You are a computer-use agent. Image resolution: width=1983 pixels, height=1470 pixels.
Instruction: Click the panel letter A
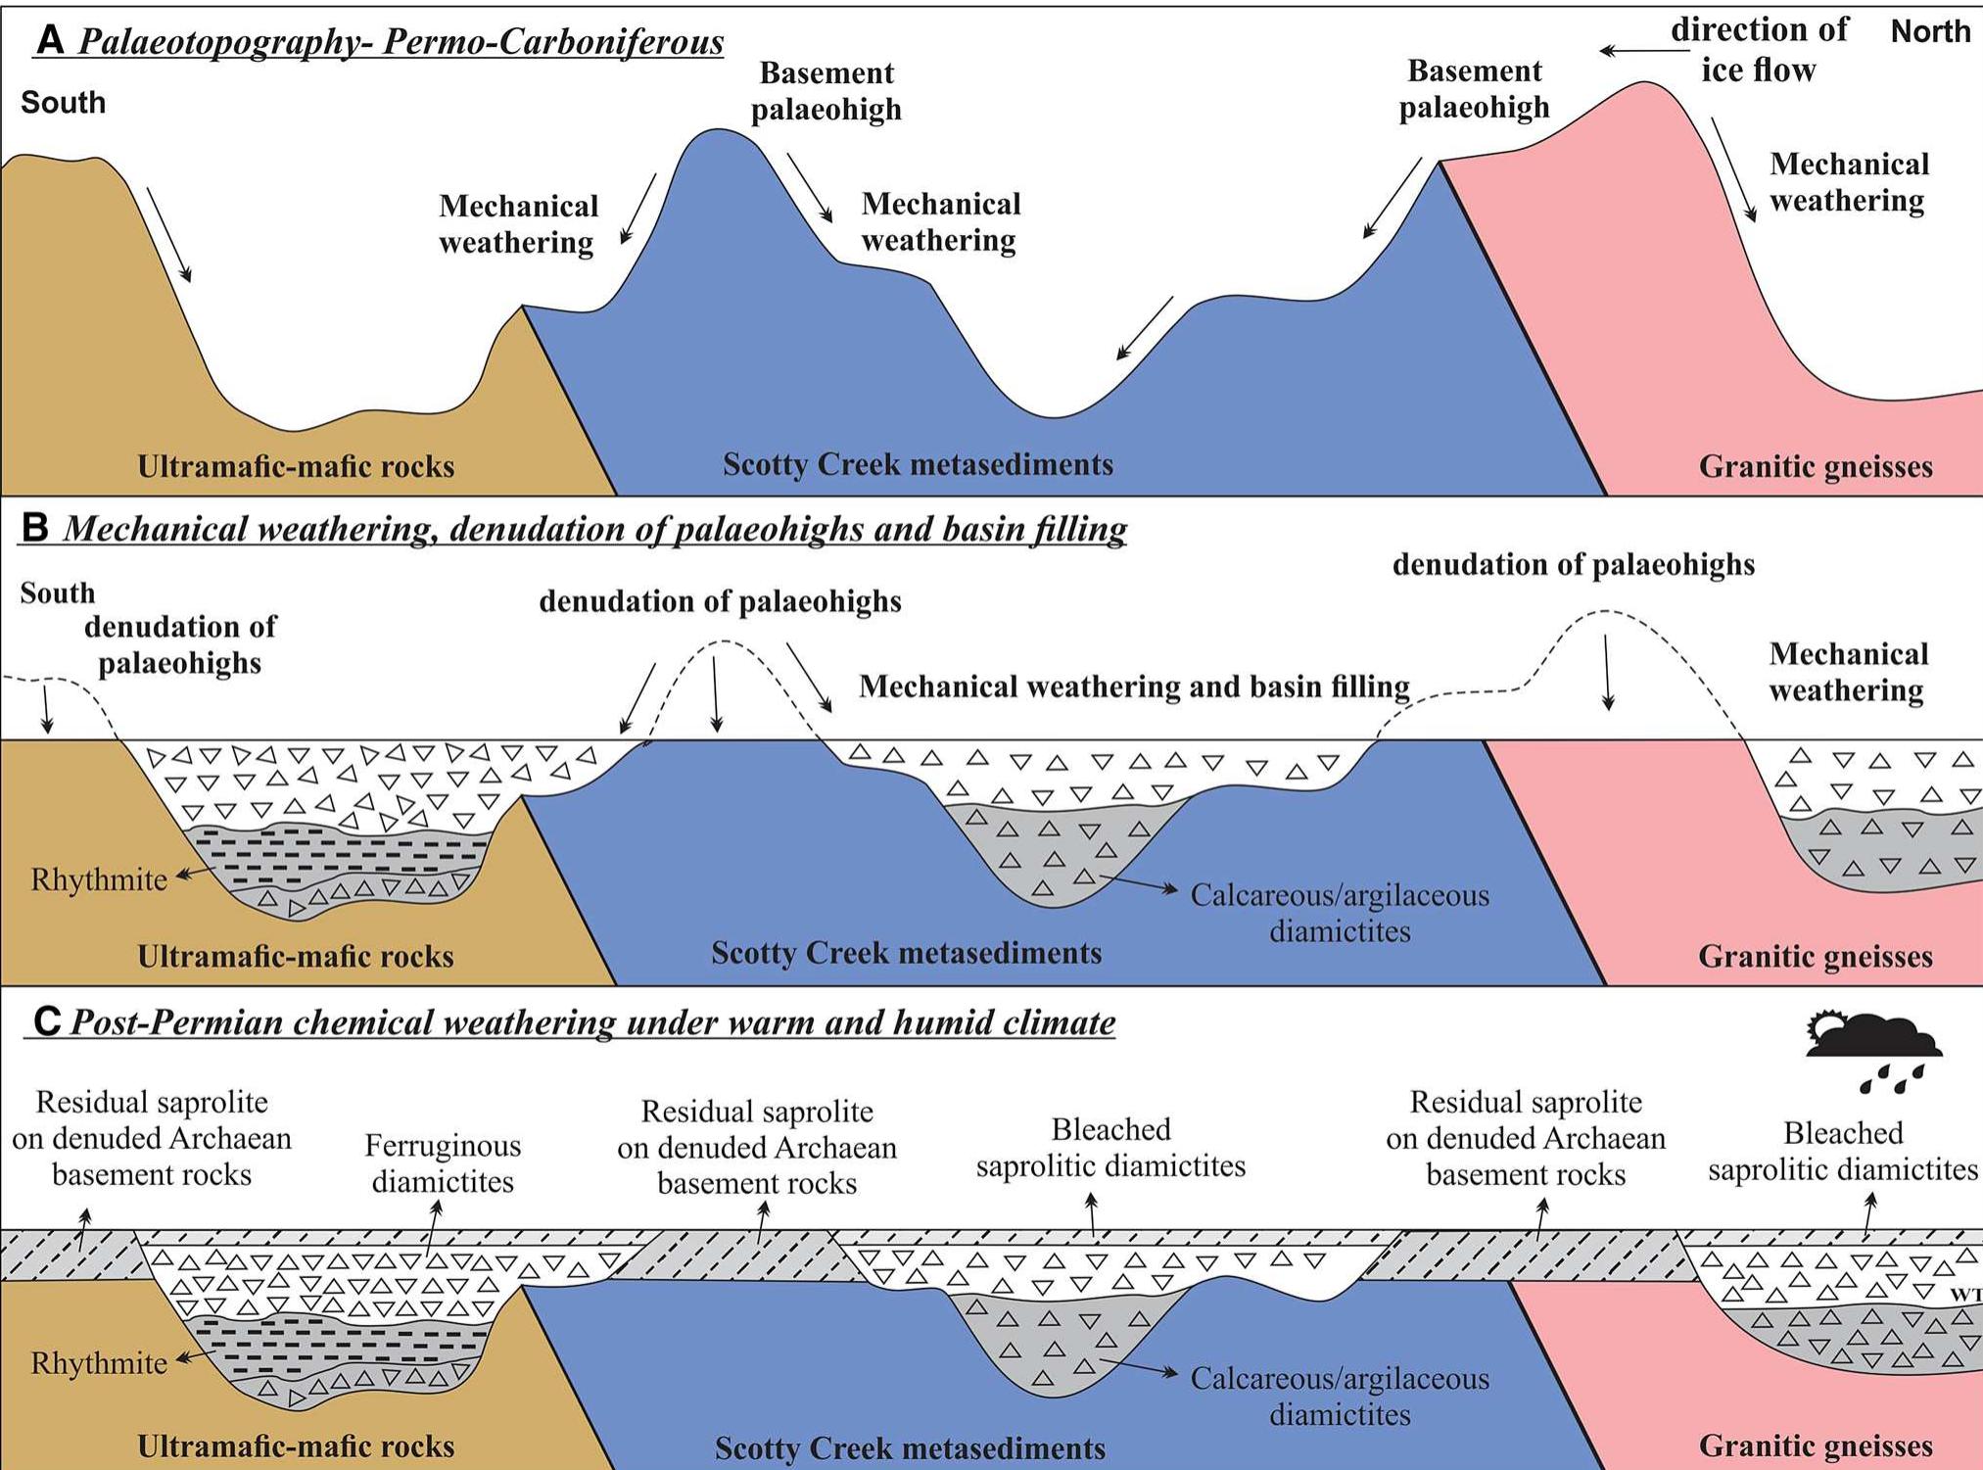pos(50,41)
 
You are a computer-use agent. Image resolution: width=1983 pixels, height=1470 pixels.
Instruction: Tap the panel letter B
pos(35,529)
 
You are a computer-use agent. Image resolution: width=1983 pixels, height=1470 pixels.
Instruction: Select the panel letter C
pos(46,1021)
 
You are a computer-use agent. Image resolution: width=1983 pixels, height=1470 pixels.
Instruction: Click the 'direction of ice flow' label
pos(1759,50)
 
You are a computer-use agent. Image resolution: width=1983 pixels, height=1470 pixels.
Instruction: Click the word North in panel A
pos(1929,31)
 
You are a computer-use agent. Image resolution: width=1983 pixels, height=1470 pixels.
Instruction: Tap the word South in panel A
pos(63,102)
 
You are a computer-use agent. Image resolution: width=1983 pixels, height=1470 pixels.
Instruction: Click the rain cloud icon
pos(1872,1050)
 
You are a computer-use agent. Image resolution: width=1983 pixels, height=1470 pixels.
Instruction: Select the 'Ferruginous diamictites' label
pos(443,1163)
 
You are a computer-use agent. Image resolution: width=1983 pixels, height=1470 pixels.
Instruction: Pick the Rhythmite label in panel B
pos(99,879)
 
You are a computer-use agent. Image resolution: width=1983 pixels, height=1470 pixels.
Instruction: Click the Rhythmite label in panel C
pos(99,1363)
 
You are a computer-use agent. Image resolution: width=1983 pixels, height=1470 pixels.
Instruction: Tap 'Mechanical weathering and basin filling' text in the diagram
pos(1134,687)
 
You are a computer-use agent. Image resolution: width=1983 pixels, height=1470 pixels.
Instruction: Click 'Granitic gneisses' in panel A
pos(1815,466)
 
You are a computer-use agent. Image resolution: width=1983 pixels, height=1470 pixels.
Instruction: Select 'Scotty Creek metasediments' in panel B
pos(906,953)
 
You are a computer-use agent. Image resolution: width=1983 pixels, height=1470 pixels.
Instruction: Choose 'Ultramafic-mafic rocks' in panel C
pos(296,1446)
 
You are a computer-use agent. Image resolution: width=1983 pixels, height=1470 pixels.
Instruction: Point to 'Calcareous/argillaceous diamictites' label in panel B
pos(1340,913)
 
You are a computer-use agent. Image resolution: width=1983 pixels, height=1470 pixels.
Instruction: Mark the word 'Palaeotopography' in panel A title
pos(222,41)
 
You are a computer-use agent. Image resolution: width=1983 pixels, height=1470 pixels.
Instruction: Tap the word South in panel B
pos(57,593)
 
